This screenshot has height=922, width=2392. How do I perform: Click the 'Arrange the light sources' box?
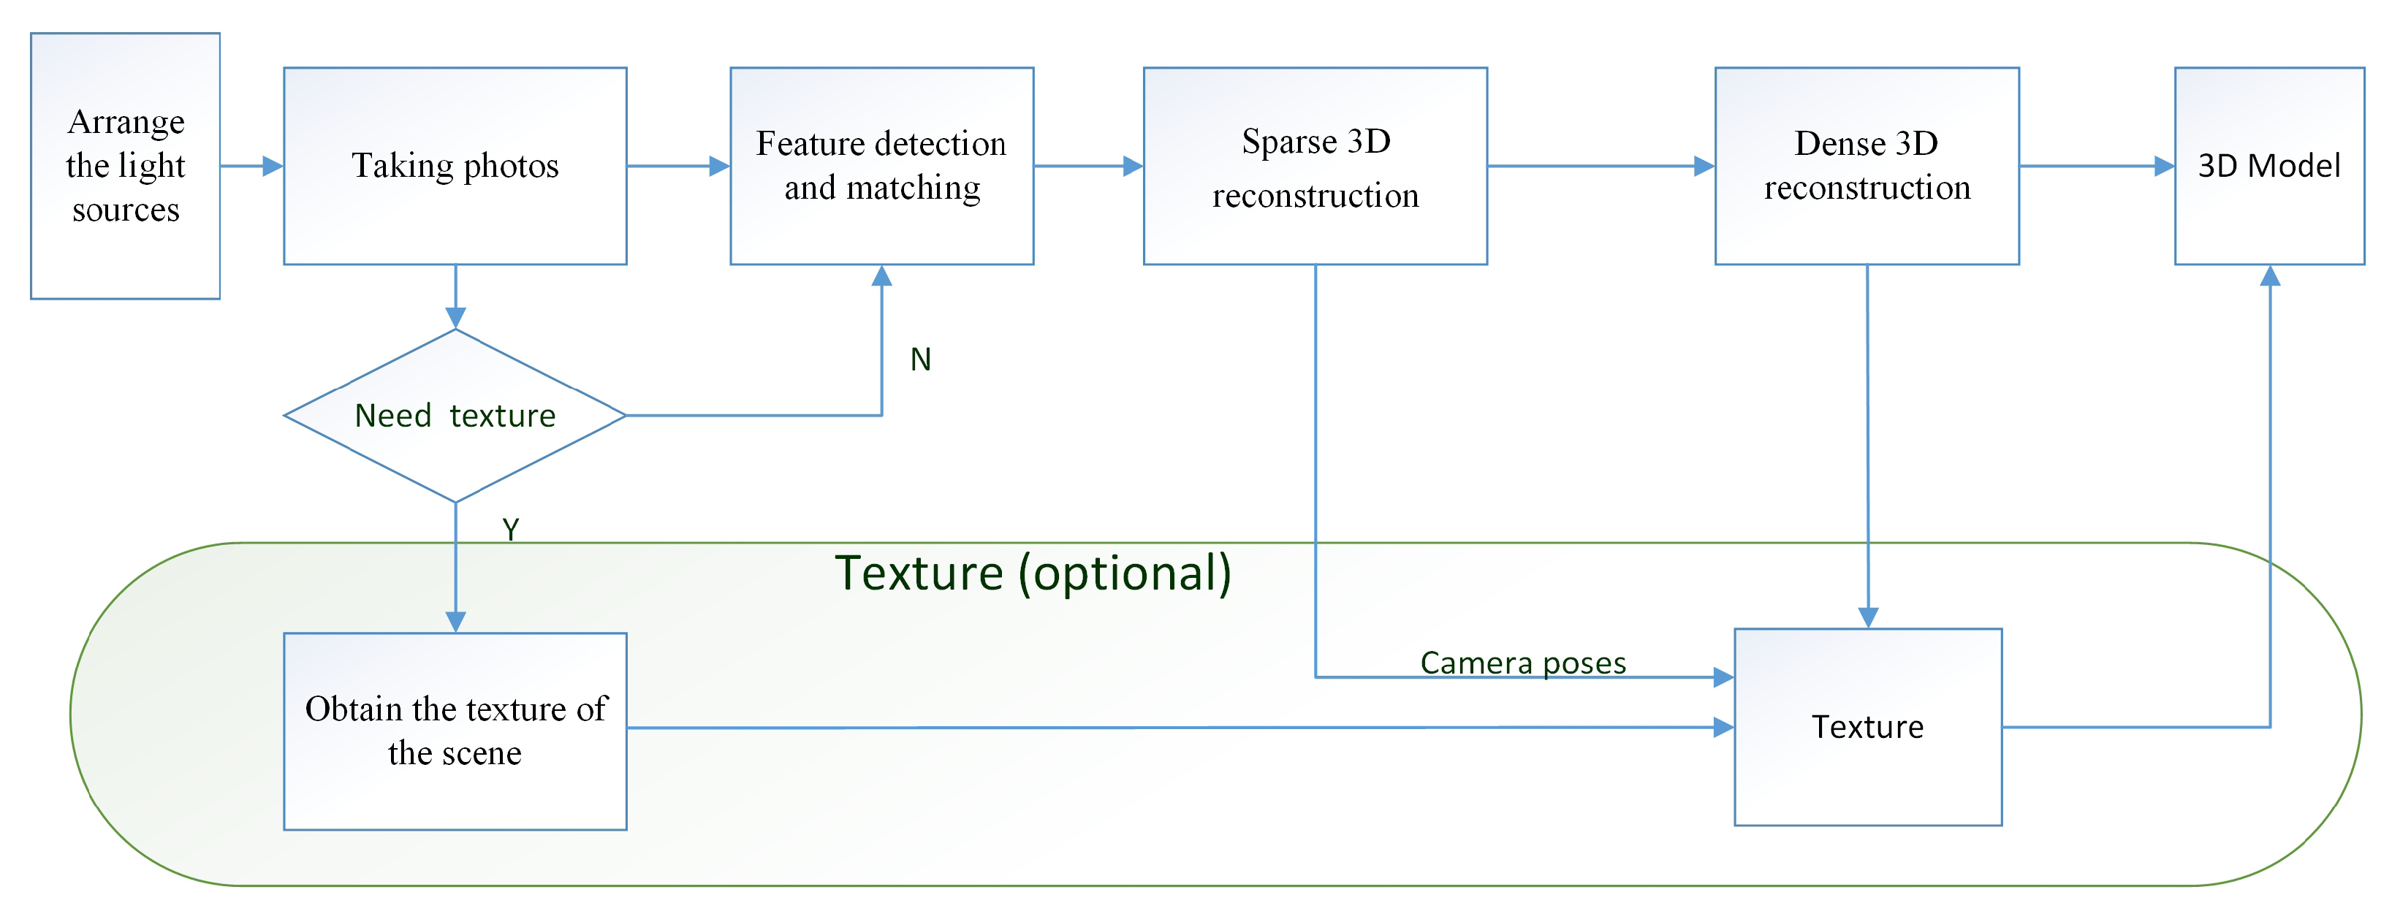[x=126, y=165]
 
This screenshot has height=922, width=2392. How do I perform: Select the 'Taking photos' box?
[x=455, y=165]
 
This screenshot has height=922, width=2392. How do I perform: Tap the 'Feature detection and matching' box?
[x=881, y=165]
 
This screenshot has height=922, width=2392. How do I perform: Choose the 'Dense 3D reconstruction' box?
[x=1867, y=165]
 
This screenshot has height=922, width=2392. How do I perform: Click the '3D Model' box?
[x=2268, y=165]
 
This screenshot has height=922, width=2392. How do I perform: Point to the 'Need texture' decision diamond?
[x=455, y=415]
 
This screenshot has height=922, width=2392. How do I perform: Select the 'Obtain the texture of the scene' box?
[x=455, y=731]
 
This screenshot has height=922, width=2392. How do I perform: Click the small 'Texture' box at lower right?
[x=1867, y=726]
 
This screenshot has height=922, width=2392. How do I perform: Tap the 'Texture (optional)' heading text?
[x=1033, y=573]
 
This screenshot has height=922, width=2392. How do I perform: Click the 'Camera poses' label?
[x=1523, y=662]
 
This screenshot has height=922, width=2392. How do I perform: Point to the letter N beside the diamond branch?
[x=920, y=359]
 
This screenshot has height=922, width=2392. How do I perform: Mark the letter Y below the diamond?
[x=511, y=529]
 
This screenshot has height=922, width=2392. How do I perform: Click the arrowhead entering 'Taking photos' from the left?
[x=273, y=166]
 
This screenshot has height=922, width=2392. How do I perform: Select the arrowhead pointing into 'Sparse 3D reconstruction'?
[x=1133, y=166]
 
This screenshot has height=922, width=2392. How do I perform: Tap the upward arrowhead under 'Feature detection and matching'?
[x=882, y=275]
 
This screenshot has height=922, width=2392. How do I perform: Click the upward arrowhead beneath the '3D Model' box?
[x=2269, y=275]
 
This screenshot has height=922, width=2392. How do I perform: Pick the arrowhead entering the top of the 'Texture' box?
[x=1868, y=617]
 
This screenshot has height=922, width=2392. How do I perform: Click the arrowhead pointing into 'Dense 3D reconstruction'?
[x=1704, y=166]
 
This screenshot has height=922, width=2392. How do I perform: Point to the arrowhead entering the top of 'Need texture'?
[x=455, y=319]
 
